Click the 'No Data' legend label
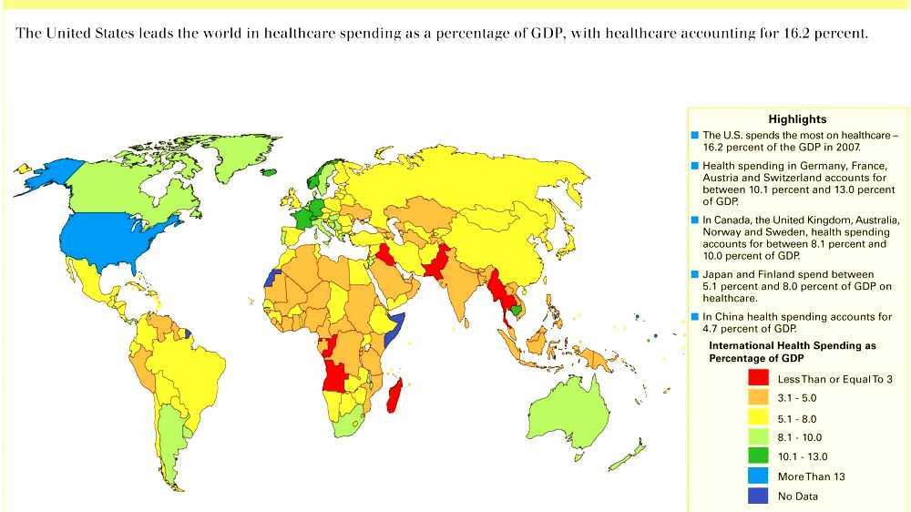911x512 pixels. click(797, 497)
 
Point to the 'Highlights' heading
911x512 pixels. click(797, 119)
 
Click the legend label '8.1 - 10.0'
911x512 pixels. click(799, 437)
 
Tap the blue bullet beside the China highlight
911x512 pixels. click(695, 317)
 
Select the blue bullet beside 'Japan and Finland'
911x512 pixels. click(695, 274)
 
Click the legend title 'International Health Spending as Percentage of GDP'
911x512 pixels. click(793, 353)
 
